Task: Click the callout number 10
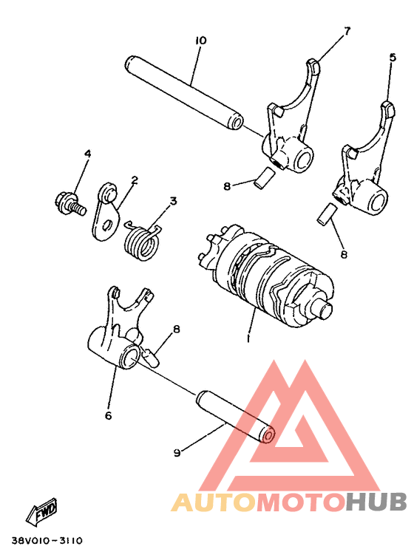(x=200, y=40)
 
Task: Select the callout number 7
(x=346, y=30)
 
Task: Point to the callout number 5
(x=392, y=56)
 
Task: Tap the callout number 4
(x=87, y=154)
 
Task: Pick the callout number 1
(x=248, y=338)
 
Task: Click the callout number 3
(x=172, y=200)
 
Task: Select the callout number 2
(x=135, y=180)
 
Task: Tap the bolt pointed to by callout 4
(x=66, y=200)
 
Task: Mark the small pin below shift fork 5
(x=325, y=214)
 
